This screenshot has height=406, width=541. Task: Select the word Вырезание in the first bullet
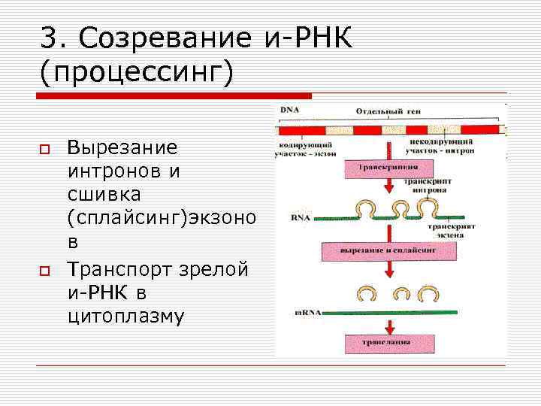tap(122, 147)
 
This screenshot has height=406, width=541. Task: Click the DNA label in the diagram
tap(289, 111)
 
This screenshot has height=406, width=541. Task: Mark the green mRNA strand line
tap(391, 311)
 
